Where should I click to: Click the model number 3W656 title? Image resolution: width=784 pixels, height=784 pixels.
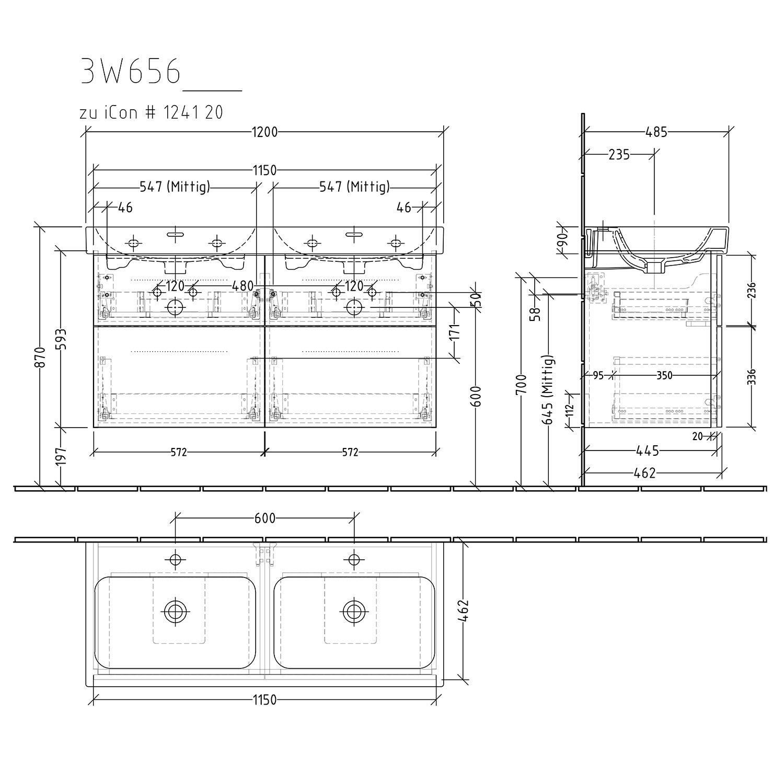131,72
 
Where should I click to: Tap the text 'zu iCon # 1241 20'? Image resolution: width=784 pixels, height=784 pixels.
151,112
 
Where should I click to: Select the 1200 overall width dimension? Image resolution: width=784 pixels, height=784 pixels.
265,132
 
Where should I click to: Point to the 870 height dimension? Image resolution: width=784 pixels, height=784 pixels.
42,356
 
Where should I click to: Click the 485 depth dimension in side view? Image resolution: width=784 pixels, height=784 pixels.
657,132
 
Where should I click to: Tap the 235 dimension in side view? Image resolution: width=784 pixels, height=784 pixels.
619,155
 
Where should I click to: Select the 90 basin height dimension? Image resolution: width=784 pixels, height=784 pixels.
562,242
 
